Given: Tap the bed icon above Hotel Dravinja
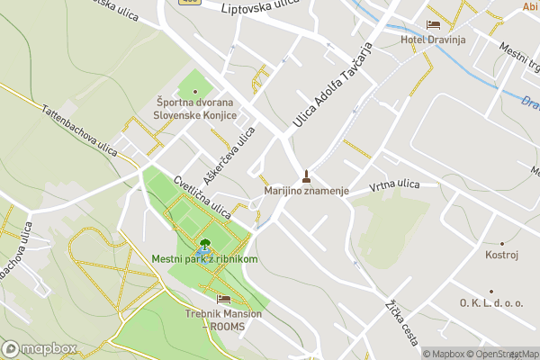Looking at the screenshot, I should [433, 24].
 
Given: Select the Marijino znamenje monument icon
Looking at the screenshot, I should [307, 176].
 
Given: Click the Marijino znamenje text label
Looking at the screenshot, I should [306, 192].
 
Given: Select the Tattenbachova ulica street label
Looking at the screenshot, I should [78, 130].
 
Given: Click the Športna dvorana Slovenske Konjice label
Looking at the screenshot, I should [194, 109].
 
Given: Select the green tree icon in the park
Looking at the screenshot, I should [205, 243].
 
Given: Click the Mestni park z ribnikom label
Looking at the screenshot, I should [205, 259].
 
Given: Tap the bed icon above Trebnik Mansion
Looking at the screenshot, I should [223, 299].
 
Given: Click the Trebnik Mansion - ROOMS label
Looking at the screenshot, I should [223, 319].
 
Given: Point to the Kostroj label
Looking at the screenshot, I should [501, 256].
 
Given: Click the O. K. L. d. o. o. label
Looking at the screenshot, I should [490, 303].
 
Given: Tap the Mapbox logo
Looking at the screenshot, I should [39, 348].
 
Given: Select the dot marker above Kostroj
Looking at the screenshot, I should [501, 243].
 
